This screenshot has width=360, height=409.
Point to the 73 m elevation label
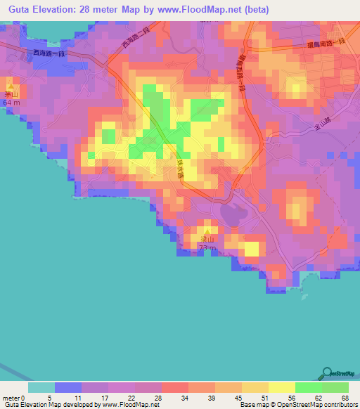[207, 249]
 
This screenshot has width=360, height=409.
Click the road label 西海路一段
[49, 52]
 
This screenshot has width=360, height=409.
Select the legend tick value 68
[344, 397]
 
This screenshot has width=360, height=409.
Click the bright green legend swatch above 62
[308, 387]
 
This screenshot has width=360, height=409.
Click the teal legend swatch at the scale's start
[41, 387]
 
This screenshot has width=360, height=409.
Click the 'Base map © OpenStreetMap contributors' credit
[298, 405]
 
